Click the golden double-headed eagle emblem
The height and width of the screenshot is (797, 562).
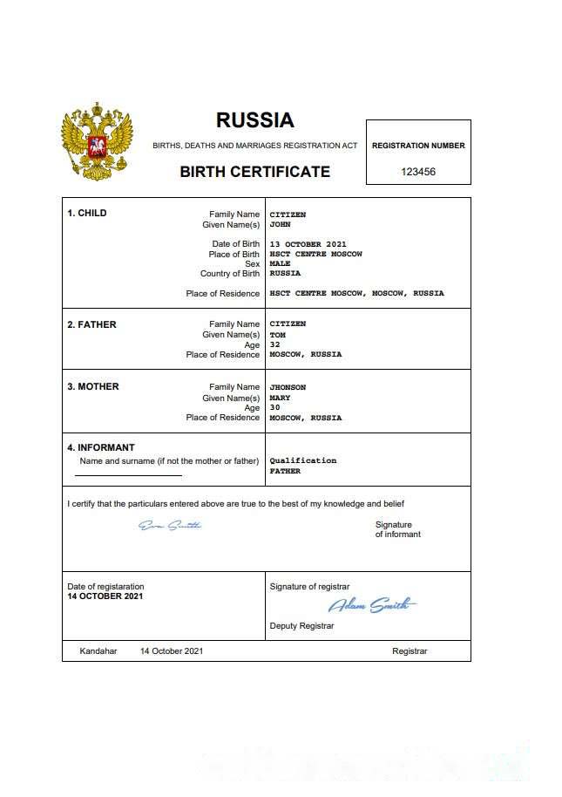click(x=97, y=141)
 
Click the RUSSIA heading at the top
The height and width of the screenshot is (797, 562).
click(x=255, y=120)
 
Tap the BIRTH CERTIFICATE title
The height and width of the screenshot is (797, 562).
click(x=255, y=172)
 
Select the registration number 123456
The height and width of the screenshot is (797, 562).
click(x=418, y=172)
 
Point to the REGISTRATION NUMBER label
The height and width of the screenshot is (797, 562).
click(x=418, y=146)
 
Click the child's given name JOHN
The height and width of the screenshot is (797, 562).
click(x=281, y=224)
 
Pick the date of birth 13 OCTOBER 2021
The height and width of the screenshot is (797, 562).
click(x=308, y=244)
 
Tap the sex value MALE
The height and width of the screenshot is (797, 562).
click(x=281, y=263)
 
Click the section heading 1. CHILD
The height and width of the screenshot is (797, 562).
click(x=87, y=213)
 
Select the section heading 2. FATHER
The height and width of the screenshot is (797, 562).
click(x=91, y=324)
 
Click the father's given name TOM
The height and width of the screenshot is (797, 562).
click(x=278, y=335)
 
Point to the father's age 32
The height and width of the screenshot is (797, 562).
click(x=274, y=344)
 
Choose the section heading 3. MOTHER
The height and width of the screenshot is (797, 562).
click(x=93, y=386)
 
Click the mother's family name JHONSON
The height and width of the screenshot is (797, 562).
click(x=288, y=387)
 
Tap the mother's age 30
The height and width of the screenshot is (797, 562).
click(x=274, y=407)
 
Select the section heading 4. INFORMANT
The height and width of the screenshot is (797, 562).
click(x=101, y=447)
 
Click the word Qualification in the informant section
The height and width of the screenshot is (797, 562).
click(x=303, y=460)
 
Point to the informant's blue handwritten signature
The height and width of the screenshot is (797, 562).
click(x=170, y=525)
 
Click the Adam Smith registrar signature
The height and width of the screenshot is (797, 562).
click(x=371, y=605)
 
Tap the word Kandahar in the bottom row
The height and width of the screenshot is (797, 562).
click(x=98, y=651)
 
